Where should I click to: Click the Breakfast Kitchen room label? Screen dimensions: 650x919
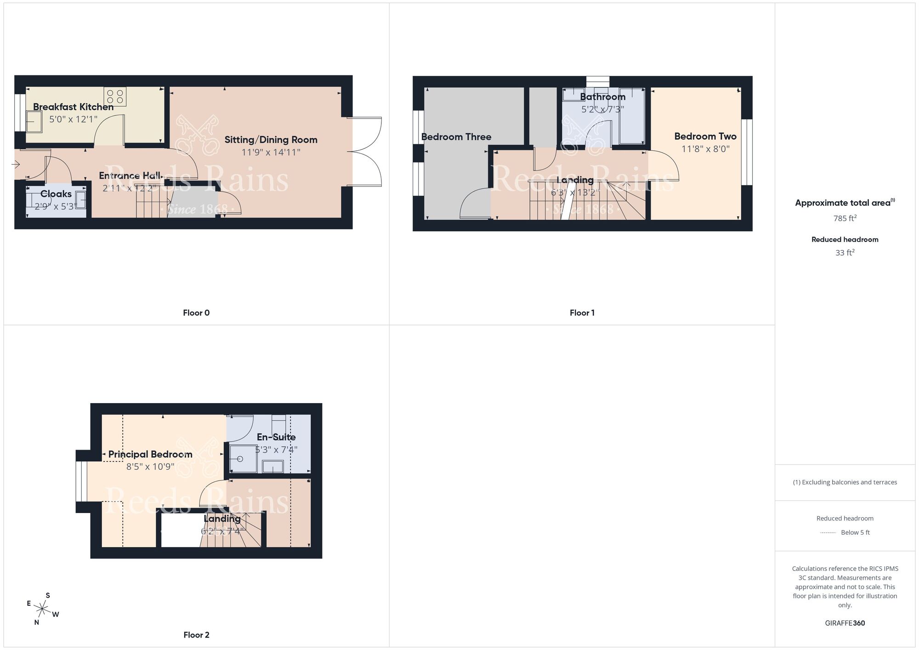pyautogui.click(x=73, y=107)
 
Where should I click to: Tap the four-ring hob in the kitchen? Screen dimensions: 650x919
pyautogui.click(x=115, y=97)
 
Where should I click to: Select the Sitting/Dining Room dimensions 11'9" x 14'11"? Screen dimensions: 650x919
pyautogui.click(x=271, y=152)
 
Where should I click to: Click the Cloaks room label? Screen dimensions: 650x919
pyautogui.click(x=56, y=194)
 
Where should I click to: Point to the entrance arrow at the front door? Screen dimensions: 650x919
pyautogui.click(x=17, y=164)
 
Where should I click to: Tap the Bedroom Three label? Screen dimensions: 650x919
pyautogui.click(x=456, y=137)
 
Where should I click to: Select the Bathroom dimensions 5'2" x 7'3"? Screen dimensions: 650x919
pyautogui.click(x=602, y=109)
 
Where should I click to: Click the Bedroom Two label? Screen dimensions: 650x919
pyautogui.click(x=705, y=137)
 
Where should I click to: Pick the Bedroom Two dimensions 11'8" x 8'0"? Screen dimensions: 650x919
pyautogui.click(x=705, y=149)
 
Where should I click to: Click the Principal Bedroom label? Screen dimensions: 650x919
pyautogui.click(x=150, y=454)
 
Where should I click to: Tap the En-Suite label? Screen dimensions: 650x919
pyautogui.click(x=276, y=437)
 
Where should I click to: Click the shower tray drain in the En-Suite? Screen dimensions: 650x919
pyautogui.click(x=240, y=459)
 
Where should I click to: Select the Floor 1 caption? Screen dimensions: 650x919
pyautogui.click(x=582, y=313)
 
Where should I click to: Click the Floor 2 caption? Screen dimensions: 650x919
pyautogui.click(x=196, y=635)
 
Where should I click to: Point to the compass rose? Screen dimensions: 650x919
pyautogui.click(x=42, y=610)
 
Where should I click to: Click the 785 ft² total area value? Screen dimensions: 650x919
pyautogui.click(x=845, y=218)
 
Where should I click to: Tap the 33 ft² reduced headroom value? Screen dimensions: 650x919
pyautogui.click(x=845, y=253)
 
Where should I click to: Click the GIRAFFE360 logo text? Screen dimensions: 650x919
pyautogui.click(x=845, y=623)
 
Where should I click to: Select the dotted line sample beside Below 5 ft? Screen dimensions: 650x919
pyautogui.click(x=828, y=533)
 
